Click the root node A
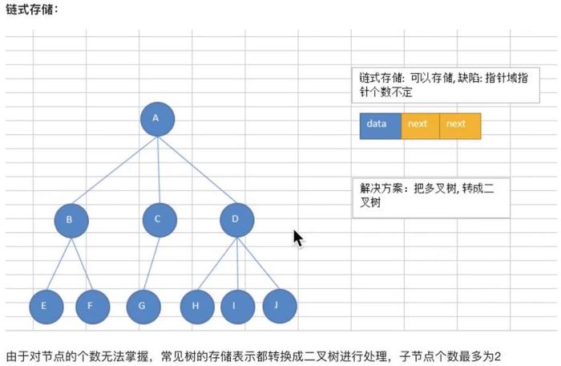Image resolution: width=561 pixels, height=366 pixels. pos(157,119)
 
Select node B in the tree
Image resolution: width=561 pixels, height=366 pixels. pos(71,219)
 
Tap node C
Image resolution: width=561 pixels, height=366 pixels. pos(159,218)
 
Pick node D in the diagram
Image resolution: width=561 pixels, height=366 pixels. pos(236,219)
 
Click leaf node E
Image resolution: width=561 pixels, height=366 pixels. pos(46,306)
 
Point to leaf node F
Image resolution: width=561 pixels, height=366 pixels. pos(92,306)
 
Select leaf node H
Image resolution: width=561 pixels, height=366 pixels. pos(196,306)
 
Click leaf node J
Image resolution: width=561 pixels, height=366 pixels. pos(279,305)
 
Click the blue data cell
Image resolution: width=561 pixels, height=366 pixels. pos(380,126)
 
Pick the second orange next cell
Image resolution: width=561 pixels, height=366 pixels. pos(460,126)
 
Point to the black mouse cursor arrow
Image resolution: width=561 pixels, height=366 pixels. pos(298,238)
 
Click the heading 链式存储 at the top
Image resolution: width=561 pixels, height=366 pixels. pos(31,10)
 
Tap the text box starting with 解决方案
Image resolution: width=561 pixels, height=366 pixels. pos(431,197)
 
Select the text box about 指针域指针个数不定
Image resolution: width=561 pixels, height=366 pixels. pos(445,86)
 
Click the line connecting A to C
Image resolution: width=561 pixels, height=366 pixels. pos(159,169)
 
